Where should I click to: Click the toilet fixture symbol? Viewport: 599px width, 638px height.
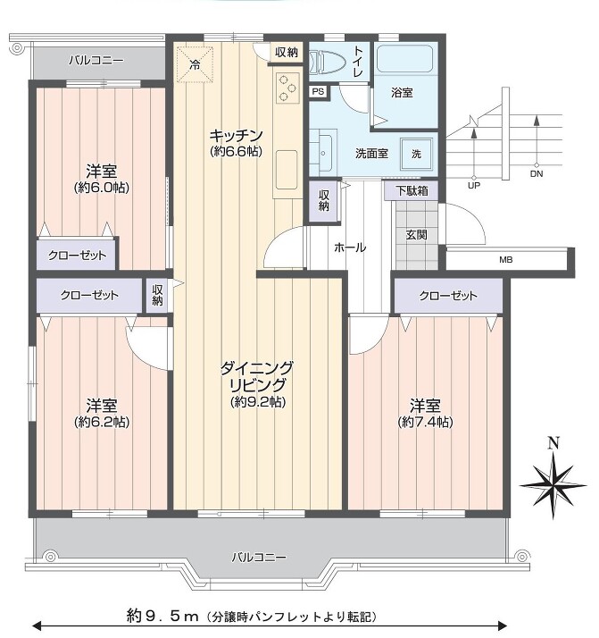(x=327, y=63)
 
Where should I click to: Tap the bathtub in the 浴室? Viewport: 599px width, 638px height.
(x=405, y=59)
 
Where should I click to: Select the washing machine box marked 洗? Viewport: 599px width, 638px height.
(x=416, y=154)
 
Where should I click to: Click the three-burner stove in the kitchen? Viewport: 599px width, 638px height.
(x=287, y=87)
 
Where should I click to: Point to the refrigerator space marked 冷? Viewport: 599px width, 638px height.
(x=196, y=64)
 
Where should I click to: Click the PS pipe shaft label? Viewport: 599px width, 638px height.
(x=318, y=91)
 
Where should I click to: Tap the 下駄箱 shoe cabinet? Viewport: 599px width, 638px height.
(x=412, y=190)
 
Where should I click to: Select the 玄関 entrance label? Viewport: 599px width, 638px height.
(x=416, y=235)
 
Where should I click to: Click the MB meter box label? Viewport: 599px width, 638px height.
(x=506, y=260)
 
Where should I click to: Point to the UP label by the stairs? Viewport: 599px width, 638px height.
(x=474, y=186)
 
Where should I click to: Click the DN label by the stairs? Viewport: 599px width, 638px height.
(x=537, y=173)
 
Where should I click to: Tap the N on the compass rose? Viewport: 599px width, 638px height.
(x=553, y=443)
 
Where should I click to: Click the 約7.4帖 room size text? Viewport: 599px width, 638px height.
(x=426, y=422)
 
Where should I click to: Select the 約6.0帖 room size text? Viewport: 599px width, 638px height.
(x=102, y=188)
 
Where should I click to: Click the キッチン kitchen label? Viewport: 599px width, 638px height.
(x=236, y=135)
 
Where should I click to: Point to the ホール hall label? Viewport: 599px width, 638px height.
(x=350, y=248)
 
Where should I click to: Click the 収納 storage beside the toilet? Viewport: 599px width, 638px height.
(x=287, y=52)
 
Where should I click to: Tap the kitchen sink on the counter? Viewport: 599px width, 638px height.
(x=287, y=170)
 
